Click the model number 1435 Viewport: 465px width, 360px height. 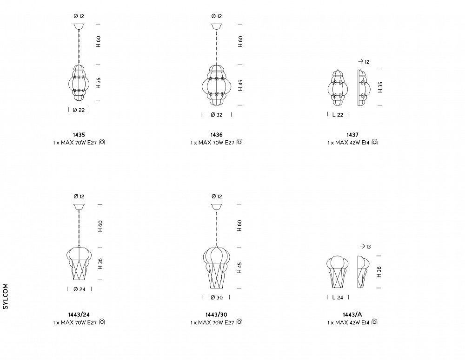pos(79,135)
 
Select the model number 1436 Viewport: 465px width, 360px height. pos(217,135)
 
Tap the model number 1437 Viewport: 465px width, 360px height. pos(352,135)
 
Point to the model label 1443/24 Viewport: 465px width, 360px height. pos(79,314)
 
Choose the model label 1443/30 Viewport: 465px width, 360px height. pos(217,314)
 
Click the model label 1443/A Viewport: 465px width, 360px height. pos(352,314)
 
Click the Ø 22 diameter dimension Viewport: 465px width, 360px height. pos(79,110)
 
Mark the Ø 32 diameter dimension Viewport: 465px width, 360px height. pos(217,115)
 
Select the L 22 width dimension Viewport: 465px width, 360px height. pos(338,115)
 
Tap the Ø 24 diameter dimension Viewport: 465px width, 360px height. pos(79,289)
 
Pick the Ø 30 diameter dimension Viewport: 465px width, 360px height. pos(217,297)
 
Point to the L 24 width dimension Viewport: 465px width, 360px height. pos(338,297)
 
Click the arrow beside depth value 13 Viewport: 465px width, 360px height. pos(362,246)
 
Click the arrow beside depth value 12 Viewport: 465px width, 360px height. pos(361,61)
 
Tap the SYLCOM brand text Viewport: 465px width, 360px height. pos(5,296)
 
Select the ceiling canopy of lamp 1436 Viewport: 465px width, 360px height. pos(217,26)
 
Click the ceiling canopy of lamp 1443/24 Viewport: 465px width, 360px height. pos(79,207)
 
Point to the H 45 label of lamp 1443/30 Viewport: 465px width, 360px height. pos(239,268)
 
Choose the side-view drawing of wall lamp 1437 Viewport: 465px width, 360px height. pos(364,88)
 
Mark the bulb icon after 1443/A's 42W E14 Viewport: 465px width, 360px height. pos(374,322)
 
